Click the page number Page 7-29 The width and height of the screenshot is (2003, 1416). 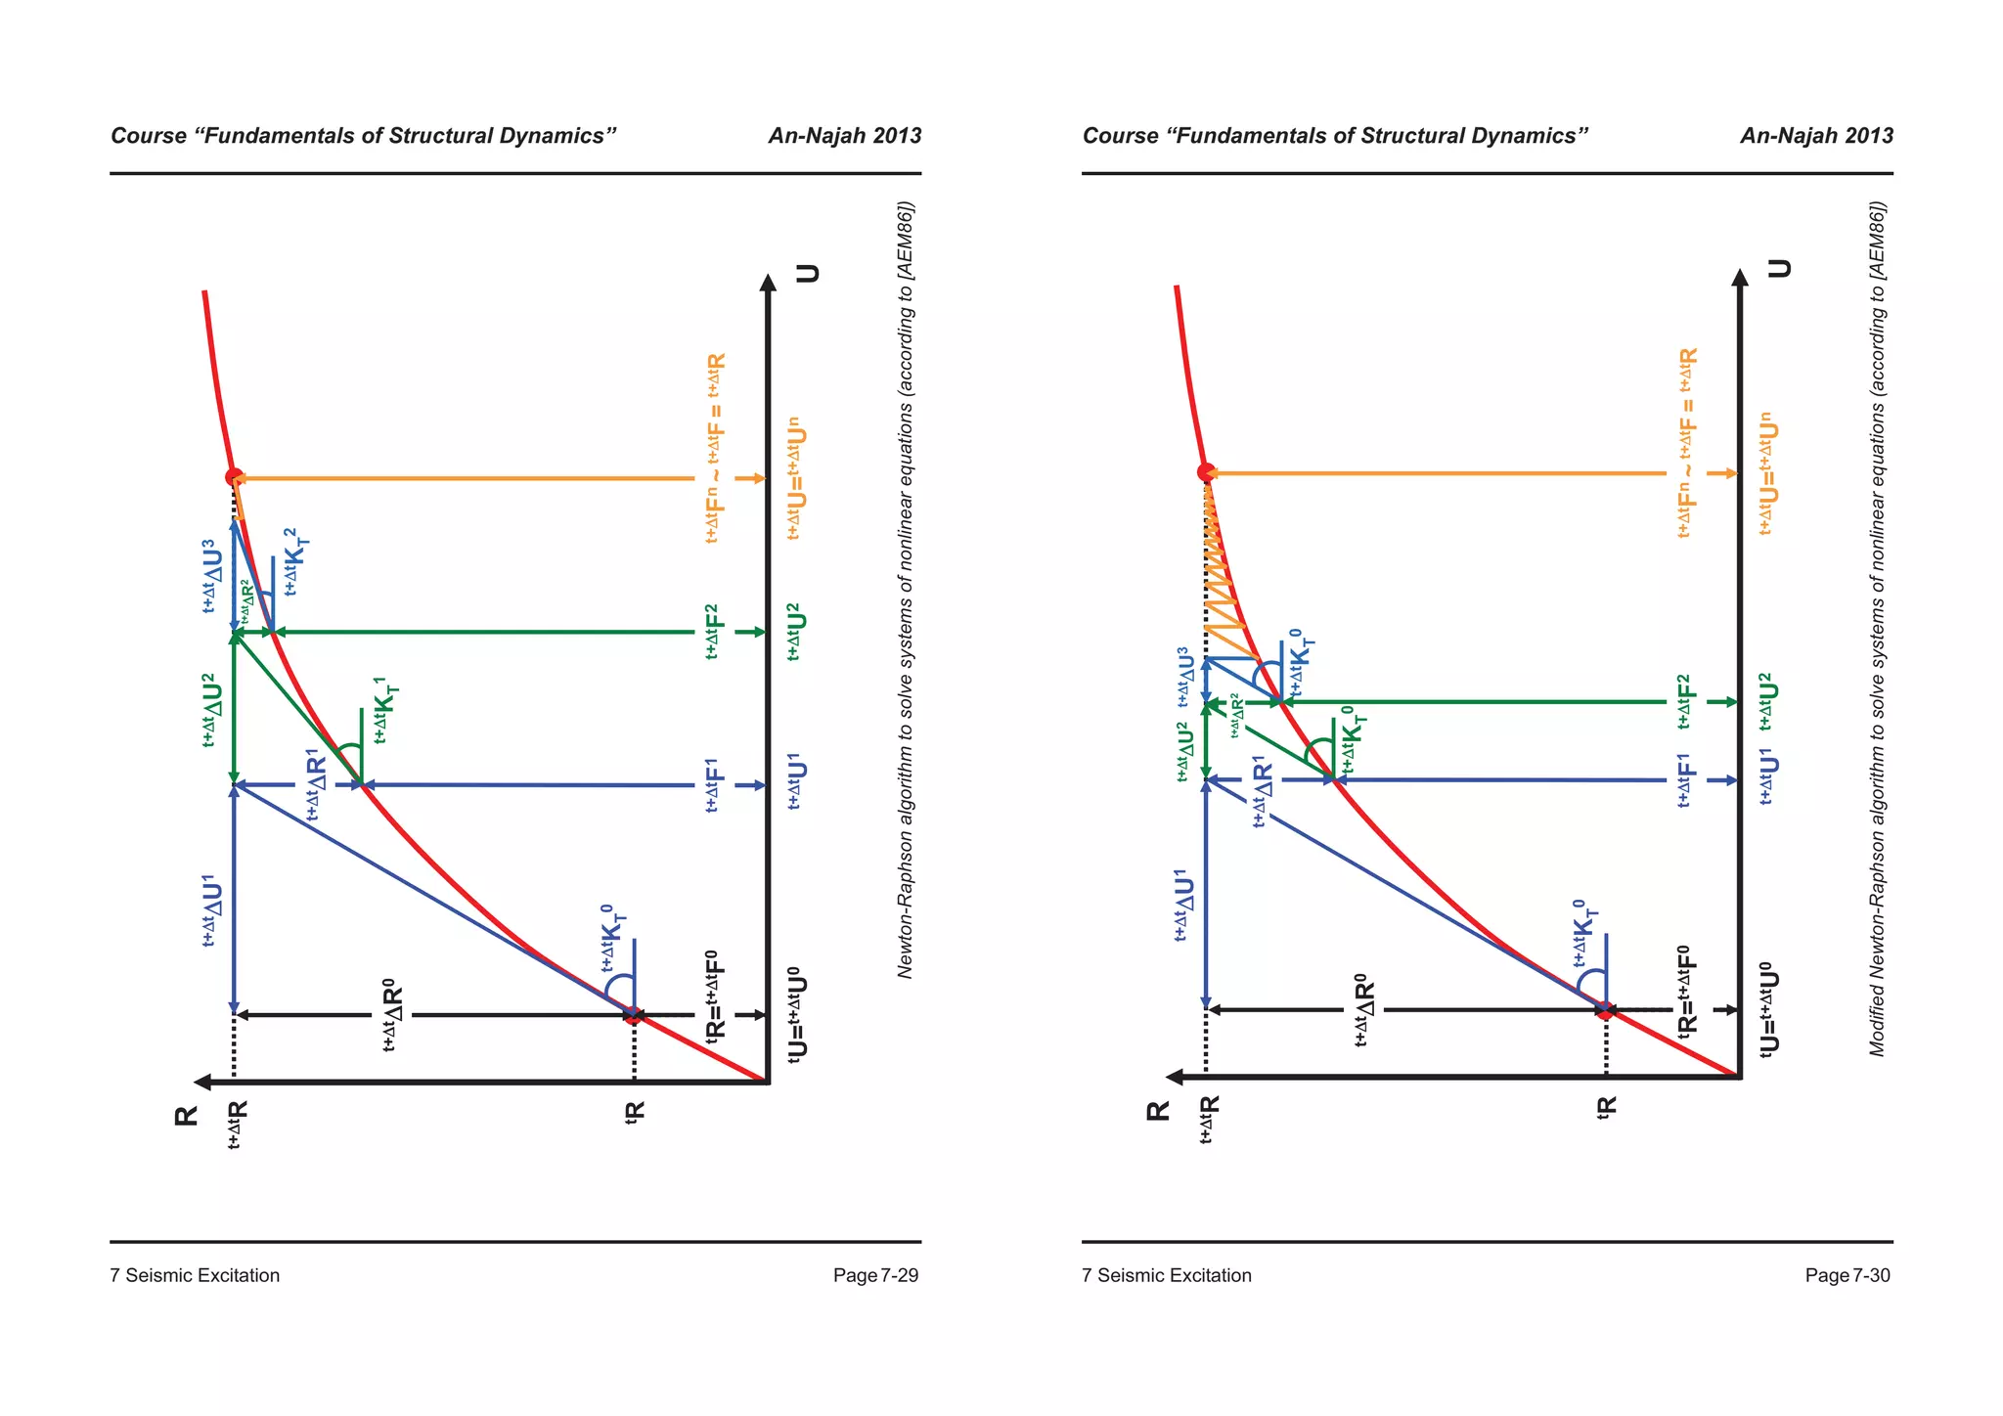click(x=875, y=1275)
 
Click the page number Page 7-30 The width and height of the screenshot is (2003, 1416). click(x=1847, y=1275)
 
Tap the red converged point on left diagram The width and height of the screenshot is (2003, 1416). click(x=234, y=477)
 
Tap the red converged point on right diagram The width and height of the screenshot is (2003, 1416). click(x=1206, y=472)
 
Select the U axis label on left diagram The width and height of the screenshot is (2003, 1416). click(x=808, y=273)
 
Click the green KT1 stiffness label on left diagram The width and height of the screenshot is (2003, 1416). click(x=385, y=710)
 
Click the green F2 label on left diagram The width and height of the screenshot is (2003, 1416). click(x=714, y=632)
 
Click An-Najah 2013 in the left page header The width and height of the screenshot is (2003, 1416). click(x=844, y=136)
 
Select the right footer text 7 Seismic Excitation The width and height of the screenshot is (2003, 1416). click(x=1167, y=1275)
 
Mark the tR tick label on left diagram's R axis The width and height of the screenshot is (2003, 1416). click(x=636, y=1112)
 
